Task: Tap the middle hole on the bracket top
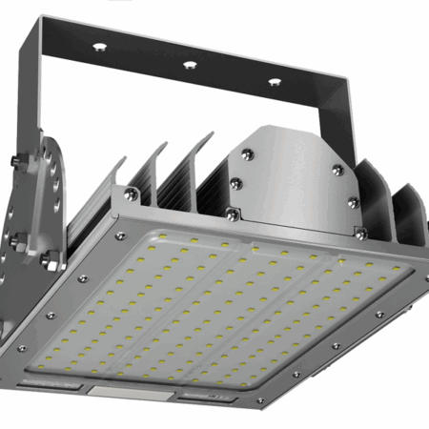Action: pyautogui.click(x=190, y=65)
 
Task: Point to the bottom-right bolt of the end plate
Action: pyautogui.click(x=352, y=202)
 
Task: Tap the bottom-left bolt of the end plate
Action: pyautogui.click(x=234, y=180)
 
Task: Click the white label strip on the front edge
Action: pyautogui.click(x=131, y=392)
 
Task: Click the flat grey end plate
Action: pyautogui.click(x=291, y=176)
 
